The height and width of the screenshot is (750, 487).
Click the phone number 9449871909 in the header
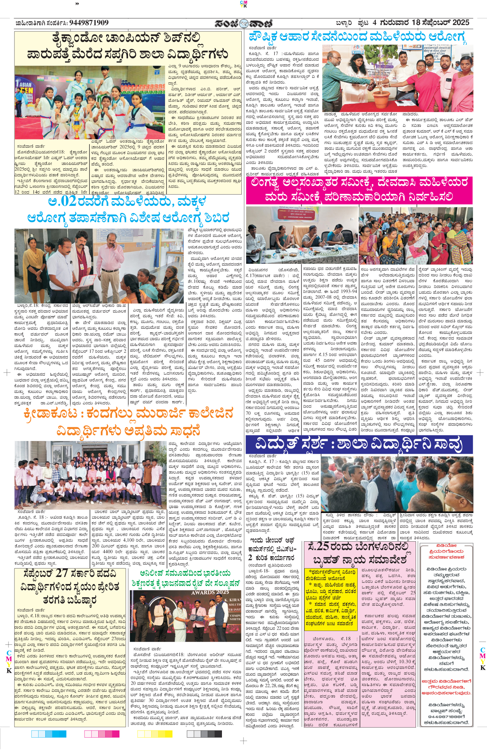coord(89,23)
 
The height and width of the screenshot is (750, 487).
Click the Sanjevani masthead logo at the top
coord(243,23)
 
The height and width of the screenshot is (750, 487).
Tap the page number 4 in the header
coord(374,23)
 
